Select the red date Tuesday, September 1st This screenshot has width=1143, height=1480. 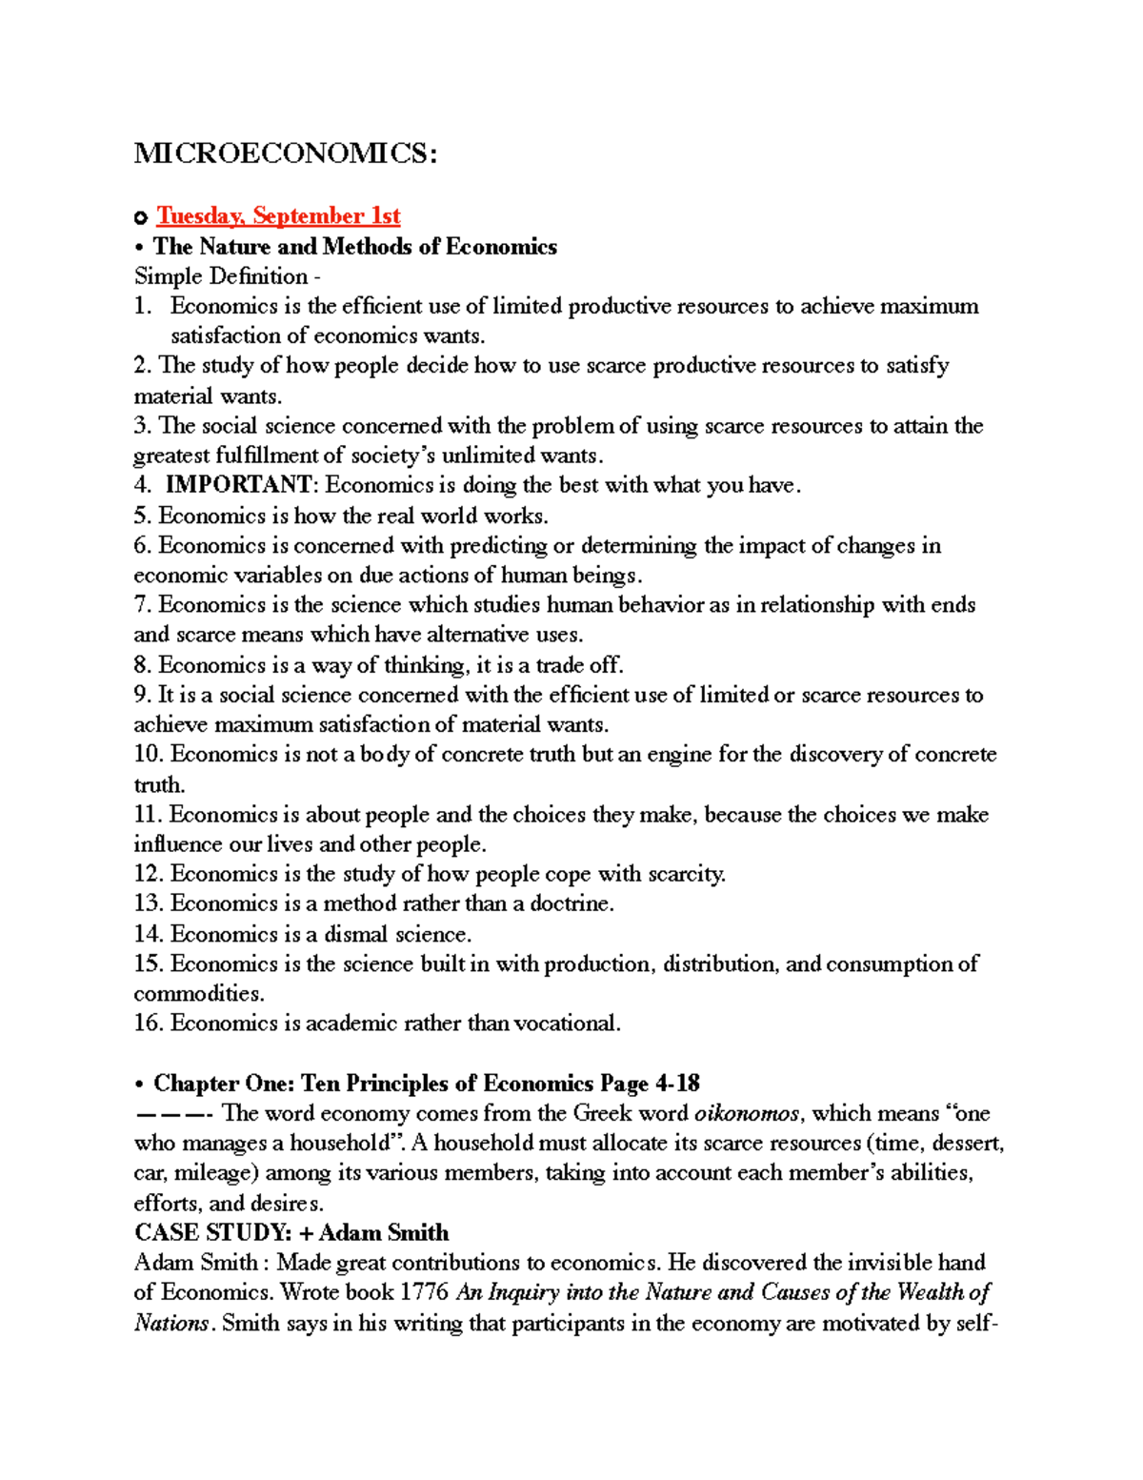pyautogui.click(x=278, y=216)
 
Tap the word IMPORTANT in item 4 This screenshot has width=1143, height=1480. pyautogui.click(x=238, y=485)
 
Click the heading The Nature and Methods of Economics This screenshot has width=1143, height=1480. pyautogui.click(x=354, y=247)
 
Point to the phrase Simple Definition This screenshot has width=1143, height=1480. pyautogui.click(x=221, y=276)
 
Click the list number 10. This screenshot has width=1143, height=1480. pyautogui.click(x=148, y=755)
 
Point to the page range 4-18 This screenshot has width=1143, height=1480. pyautogui.click(x=677, y=1084)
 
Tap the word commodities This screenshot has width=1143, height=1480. pyautogui.click(x=196, y=994)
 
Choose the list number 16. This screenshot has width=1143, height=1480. pyautogui.click(x=148, y=1024)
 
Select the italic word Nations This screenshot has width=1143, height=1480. pyautogui.click(x=171, y=1323)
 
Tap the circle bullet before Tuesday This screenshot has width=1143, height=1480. pyautogui.click(x=141, y=218)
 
